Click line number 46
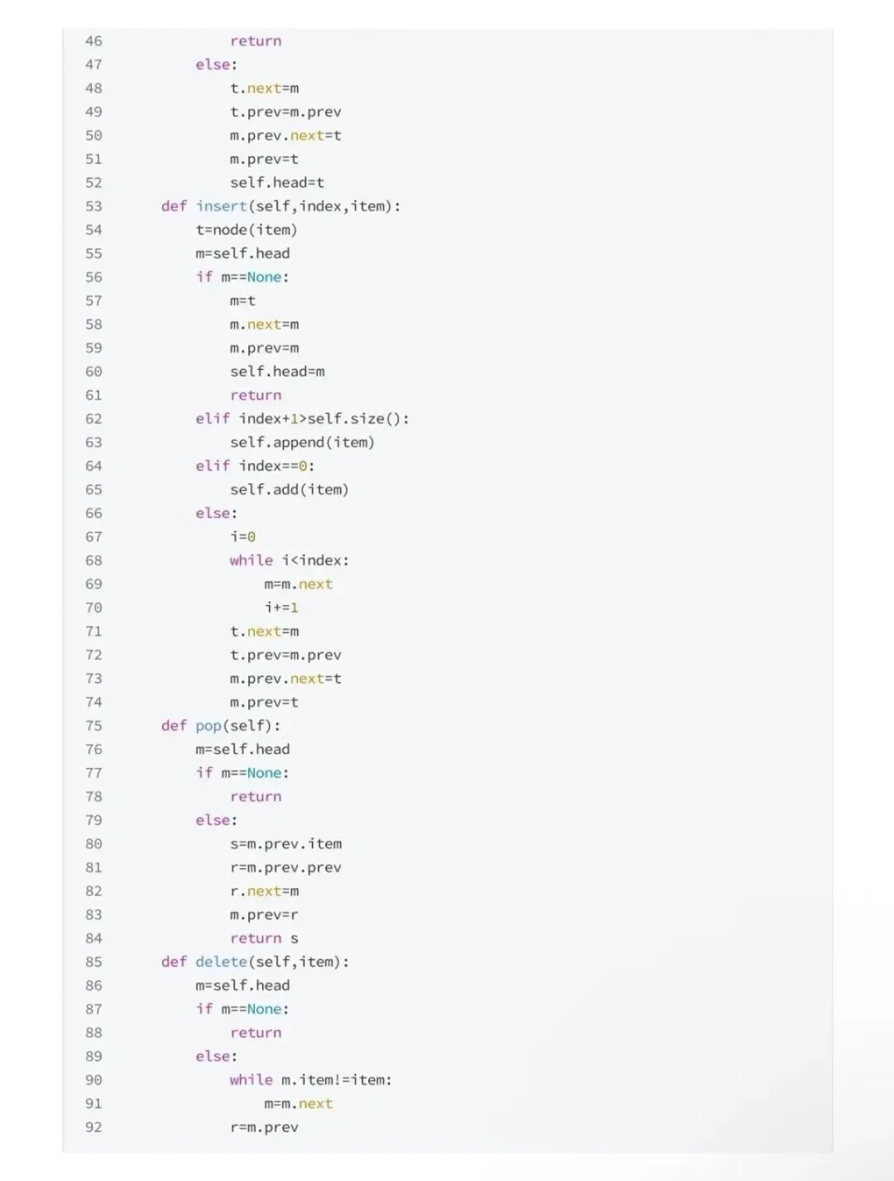point(94,41)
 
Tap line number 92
point(94,1126)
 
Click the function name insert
point(221,206)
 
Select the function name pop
point(209,726)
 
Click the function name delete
point(221,962)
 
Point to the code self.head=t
point(276,183)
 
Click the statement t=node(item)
point(246,230)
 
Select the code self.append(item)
point(302,442)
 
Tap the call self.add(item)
point(289,489)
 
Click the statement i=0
point(243,536)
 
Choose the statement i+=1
point(281,607)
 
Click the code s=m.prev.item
point(286,844)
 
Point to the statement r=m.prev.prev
point(286,867)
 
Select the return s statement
point(264,939)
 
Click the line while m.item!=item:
point(310,1080)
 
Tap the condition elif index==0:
point(255,466)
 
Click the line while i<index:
point(289,560)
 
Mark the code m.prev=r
point(264,915)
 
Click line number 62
point(94,419)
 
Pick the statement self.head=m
point(277,372)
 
